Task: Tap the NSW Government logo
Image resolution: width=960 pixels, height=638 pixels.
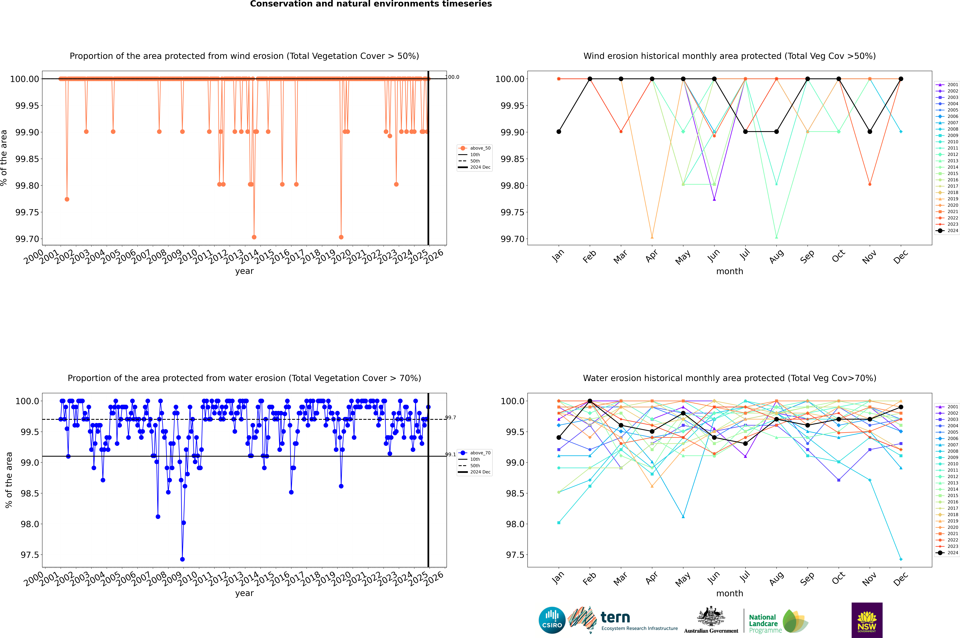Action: tap(867, 620)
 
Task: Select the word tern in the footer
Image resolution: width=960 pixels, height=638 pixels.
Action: tap(615, 618)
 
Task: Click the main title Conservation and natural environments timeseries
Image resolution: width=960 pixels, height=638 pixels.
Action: tap(371, 4)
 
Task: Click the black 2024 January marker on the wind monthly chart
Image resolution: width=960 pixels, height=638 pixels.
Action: tap(559, 132)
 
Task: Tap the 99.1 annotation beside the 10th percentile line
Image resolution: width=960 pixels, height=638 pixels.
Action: tap(450, 455)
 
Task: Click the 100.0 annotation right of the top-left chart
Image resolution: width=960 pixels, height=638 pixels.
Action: tap(453, 77)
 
